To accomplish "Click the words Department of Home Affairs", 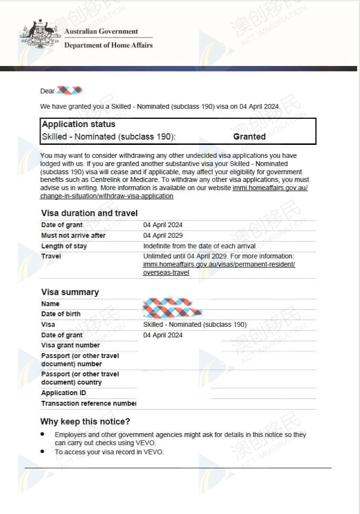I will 108,45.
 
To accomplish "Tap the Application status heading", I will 78,124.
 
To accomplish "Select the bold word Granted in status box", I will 249,137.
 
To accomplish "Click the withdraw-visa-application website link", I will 107,196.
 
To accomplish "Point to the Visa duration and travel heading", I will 90,213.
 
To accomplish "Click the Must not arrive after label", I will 73,235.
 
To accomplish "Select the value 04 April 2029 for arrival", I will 163,235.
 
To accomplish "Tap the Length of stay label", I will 64,246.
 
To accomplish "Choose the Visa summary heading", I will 70,292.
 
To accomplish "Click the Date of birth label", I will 61,314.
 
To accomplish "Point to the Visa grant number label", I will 70,345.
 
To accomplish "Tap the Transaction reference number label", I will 89,403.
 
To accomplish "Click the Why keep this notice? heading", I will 85,422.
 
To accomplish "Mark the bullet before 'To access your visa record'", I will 43,451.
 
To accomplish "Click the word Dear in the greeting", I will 48,91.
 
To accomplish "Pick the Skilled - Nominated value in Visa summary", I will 195,324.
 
